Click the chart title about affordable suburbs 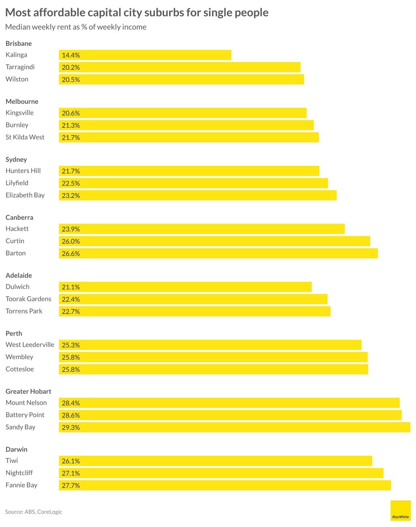tap(136, 13)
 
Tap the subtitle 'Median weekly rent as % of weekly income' tap(76, 27)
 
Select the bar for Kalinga tap(145, 55)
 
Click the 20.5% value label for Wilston tap(71, 80)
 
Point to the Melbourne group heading tap(22, 102)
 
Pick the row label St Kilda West tap(25, 137)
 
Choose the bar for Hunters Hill tap(189, 171)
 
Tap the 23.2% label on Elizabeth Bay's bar tap(71, 195)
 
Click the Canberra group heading tap(19, 217)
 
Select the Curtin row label tap(15, 241)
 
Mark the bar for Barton tap(218, 254)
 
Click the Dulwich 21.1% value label tap(71, 287)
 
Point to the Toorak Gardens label tap(28, 299)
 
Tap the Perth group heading tap(14, 334)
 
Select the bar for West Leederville tap(210, 345)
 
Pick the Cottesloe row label tap(20, 369)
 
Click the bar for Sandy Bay tap(234, 427)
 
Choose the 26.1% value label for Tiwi tap(71, 461)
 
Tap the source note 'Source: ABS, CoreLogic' tap(34, 512)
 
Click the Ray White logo tap(400, 511)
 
